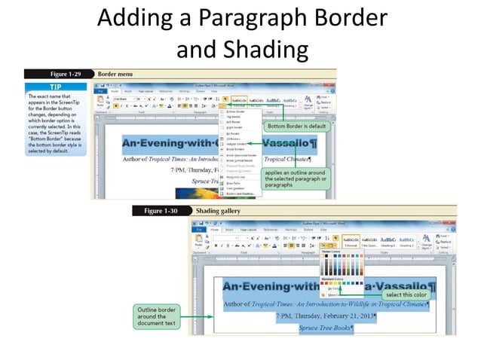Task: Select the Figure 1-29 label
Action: tap(69, 75)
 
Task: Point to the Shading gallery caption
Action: tap(218, 211)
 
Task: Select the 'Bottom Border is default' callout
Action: tap(296, 127)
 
